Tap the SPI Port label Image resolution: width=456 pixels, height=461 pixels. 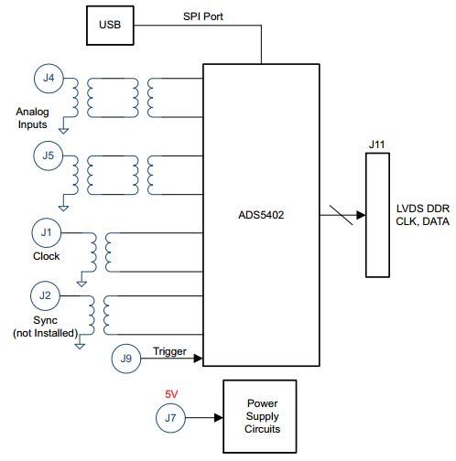(203, 16)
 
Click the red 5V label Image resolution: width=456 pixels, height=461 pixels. (171, 394)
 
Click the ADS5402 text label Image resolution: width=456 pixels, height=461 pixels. (261, 215)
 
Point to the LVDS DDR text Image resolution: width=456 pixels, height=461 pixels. (423, 209)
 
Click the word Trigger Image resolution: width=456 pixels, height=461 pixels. (169, 351)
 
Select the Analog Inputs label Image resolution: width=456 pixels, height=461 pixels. (32, 118)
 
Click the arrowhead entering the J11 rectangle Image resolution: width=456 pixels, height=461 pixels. (361, 215)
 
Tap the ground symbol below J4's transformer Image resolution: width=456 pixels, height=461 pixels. (63, 131)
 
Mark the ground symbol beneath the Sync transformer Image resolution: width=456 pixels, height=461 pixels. (80, 346)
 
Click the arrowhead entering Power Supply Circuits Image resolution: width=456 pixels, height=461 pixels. (219, 418)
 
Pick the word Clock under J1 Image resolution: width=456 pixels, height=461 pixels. (46, 256)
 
